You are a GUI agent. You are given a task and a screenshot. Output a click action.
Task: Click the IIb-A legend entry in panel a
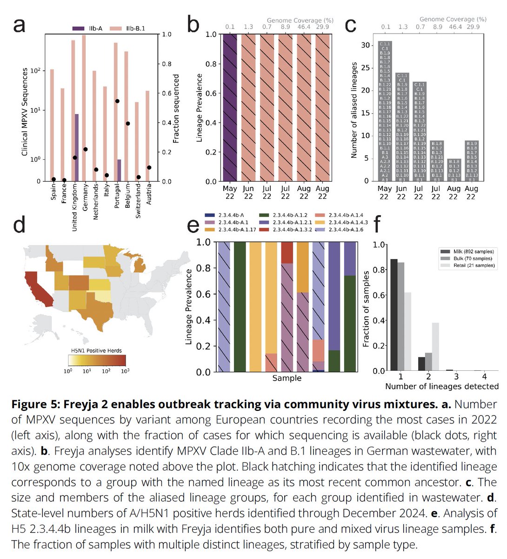(90, 28)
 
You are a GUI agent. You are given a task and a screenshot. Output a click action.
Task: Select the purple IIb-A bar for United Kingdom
(76, 147)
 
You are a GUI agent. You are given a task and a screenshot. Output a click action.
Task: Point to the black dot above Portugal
(117, 101)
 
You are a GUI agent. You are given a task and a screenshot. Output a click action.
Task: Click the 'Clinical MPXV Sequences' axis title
(25, 112)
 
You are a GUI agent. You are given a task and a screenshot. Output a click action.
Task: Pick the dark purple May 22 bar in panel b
(230, 108)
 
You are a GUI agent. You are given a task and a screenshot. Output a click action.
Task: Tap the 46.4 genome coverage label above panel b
(304, 27)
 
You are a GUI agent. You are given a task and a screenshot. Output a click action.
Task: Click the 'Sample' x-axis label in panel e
(287, 378)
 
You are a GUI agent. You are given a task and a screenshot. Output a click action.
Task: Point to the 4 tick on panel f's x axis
(484, 376)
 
